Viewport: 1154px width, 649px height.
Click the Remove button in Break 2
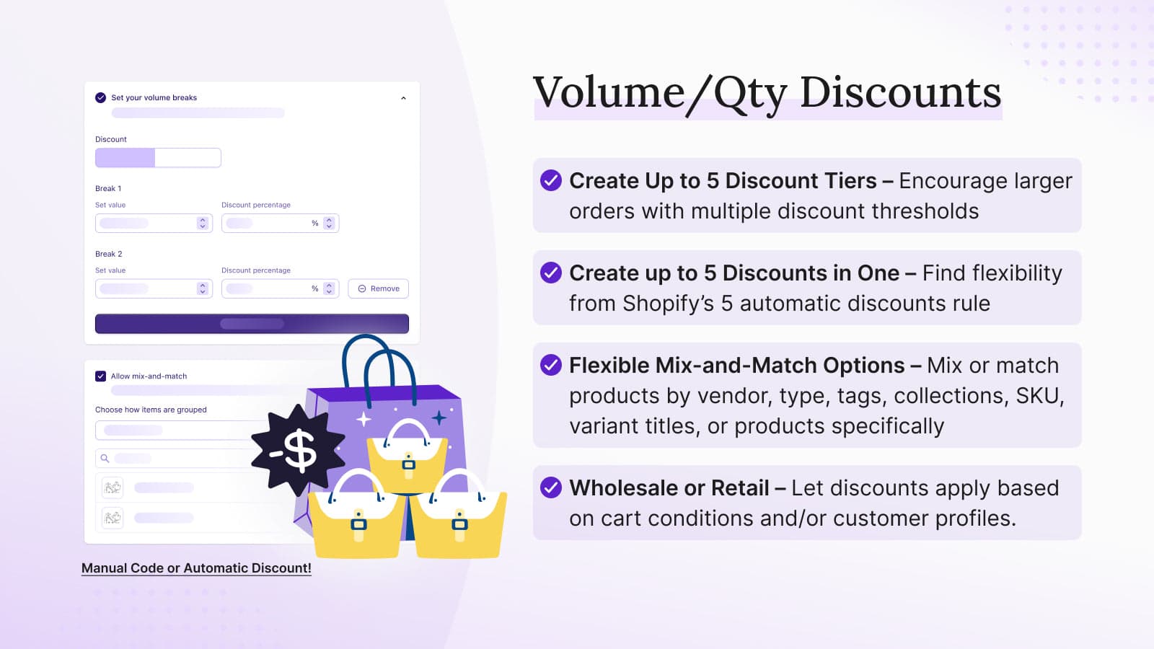click(x=378, y=288)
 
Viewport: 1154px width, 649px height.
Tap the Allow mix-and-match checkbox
click(x=100, y=376)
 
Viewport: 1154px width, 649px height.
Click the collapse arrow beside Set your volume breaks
click(x=403, y=98)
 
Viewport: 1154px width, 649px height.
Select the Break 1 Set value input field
click(x=154, y=223)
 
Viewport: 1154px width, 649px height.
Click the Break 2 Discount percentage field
click(x=281, y=288)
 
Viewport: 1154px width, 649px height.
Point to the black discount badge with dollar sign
click(x=298, y=451)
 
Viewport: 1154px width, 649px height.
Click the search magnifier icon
click(x=105, y=458)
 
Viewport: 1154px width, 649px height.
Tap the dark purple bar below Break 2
click(x=252, y=324)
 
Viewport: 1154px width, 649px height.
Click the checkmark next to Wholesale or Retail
click(x=551, y=487)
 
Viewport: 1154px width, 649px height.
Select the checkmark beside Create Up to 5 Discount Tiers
click(x=551, y=180)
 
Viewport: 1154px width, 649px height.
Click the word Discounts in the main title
click(x=901, y=93)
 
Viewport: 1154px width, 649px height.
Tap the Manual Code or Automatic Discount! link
click(x=196, y=568)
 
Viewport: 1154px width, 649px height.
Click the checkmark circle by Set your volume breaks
click(x=100, y=98)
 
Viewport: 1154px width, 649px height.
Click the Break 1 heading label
click(x=108, y=188)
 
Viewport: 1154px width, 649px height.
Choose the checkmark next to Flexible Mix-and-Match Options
click(x=551, y=365)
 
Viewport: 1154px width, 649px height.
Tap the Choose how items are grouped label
click(x=151, y=410)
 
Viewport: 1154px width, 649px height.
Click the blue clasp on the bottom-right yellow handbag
click(x=459, y=524)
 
